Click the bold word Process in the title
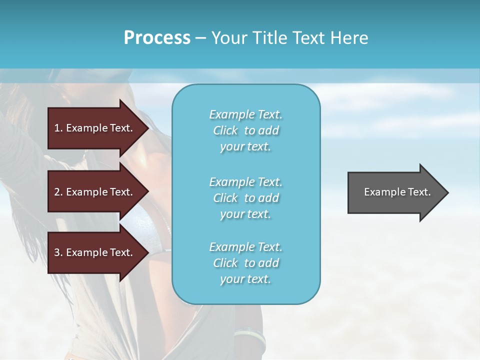(x=157, y=38)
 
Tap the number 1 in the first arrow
(x=57, y=128)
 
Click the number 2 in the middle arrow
(x=57, y=192)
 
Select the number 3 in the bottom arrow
(x=57, y=252)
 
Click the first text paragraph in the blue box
(x=245, y=130)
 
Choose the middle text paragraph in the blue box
(x=245, y=198)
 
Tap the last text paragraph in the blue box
(x=245, y=263)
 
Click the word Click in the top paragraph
(x=225, y=130)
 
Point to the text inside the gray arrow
(x=397, y=192)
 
